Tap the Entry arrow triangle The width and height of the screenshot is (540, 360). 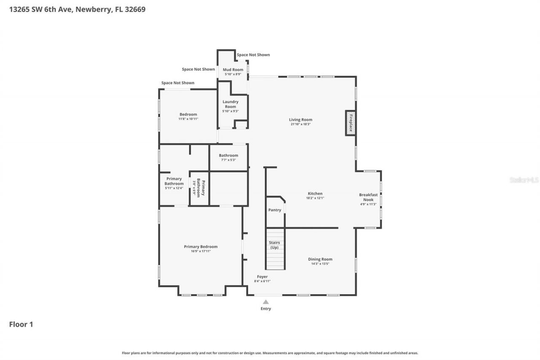[x=266, y=302]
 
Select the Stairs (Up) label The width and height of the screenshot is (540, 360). [x=275, y=245]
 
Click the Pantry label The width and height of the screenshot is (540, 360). [x=275, y=210]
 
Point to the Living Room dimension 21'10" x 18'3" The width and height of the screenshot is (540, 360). [x=300, y=125]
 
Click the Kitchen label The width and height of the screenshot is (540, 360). [x=315, y=193]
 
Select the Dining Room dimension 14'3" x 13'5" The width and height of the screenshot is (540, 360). [x=320, y=264]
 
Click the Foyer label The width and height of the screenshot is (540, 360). [x=262, y=276]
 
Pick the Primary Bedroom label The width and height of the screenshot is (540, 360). [x=200, y=246]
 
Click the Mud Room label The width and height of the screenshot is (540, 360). [x=233, y=69]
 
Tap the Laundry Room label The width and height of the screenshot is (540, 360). [x=230, y=104]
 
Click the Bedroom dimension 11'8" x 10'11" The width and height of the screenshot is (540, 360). [x=188, y=119]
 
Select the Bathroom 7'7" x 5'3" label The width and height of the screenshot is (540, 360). [x=228, y=155]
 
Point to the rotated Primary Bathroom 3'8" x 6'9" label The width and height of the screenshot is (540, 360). [x=199, y=187]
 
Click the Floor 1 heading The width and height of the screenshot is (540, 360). [x=21, y=324]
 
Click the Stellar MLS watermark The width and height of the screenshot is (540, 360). [x=524, y=180]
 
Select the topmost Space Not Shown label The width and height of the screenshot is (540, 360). [x=253, y=55]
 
